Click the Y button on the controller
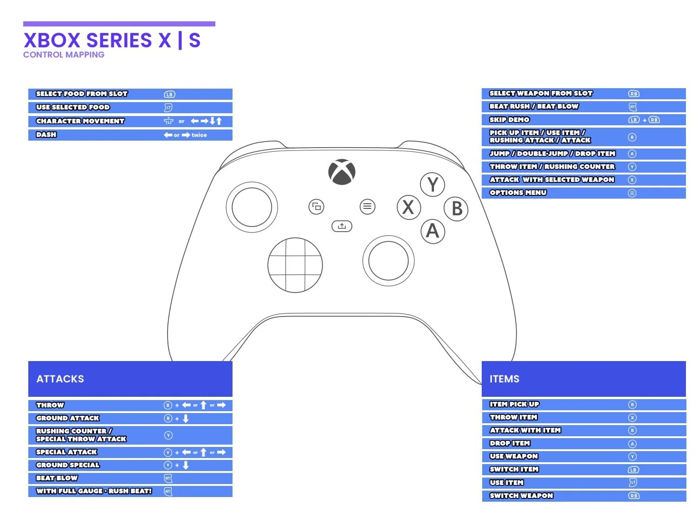(433, 185)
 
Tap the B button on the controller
(456, 209)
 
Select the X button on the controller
(408, 207)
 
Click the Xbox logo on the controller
(342, 172)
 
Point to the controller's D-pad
(295, 265)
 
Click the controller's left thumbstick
(252, 207)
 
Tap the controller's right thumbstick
(388, 260)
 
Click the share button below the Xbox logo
(342, 226)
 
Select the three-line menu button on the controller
(367, 207)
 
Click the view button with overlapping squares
(317, 207)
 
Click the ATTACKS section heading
(60, 379)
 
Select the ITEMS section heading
(504, 379)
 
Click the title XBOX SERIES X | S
(112, 40)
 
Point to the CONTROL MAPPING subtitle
(64, 55)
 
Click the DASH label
(46, 135)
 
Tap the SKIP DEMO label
(509, 119)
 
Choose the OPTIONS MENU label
(518, 193)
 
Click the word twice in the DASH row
(199, 135)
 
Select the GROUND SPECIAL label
(68, 465)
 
